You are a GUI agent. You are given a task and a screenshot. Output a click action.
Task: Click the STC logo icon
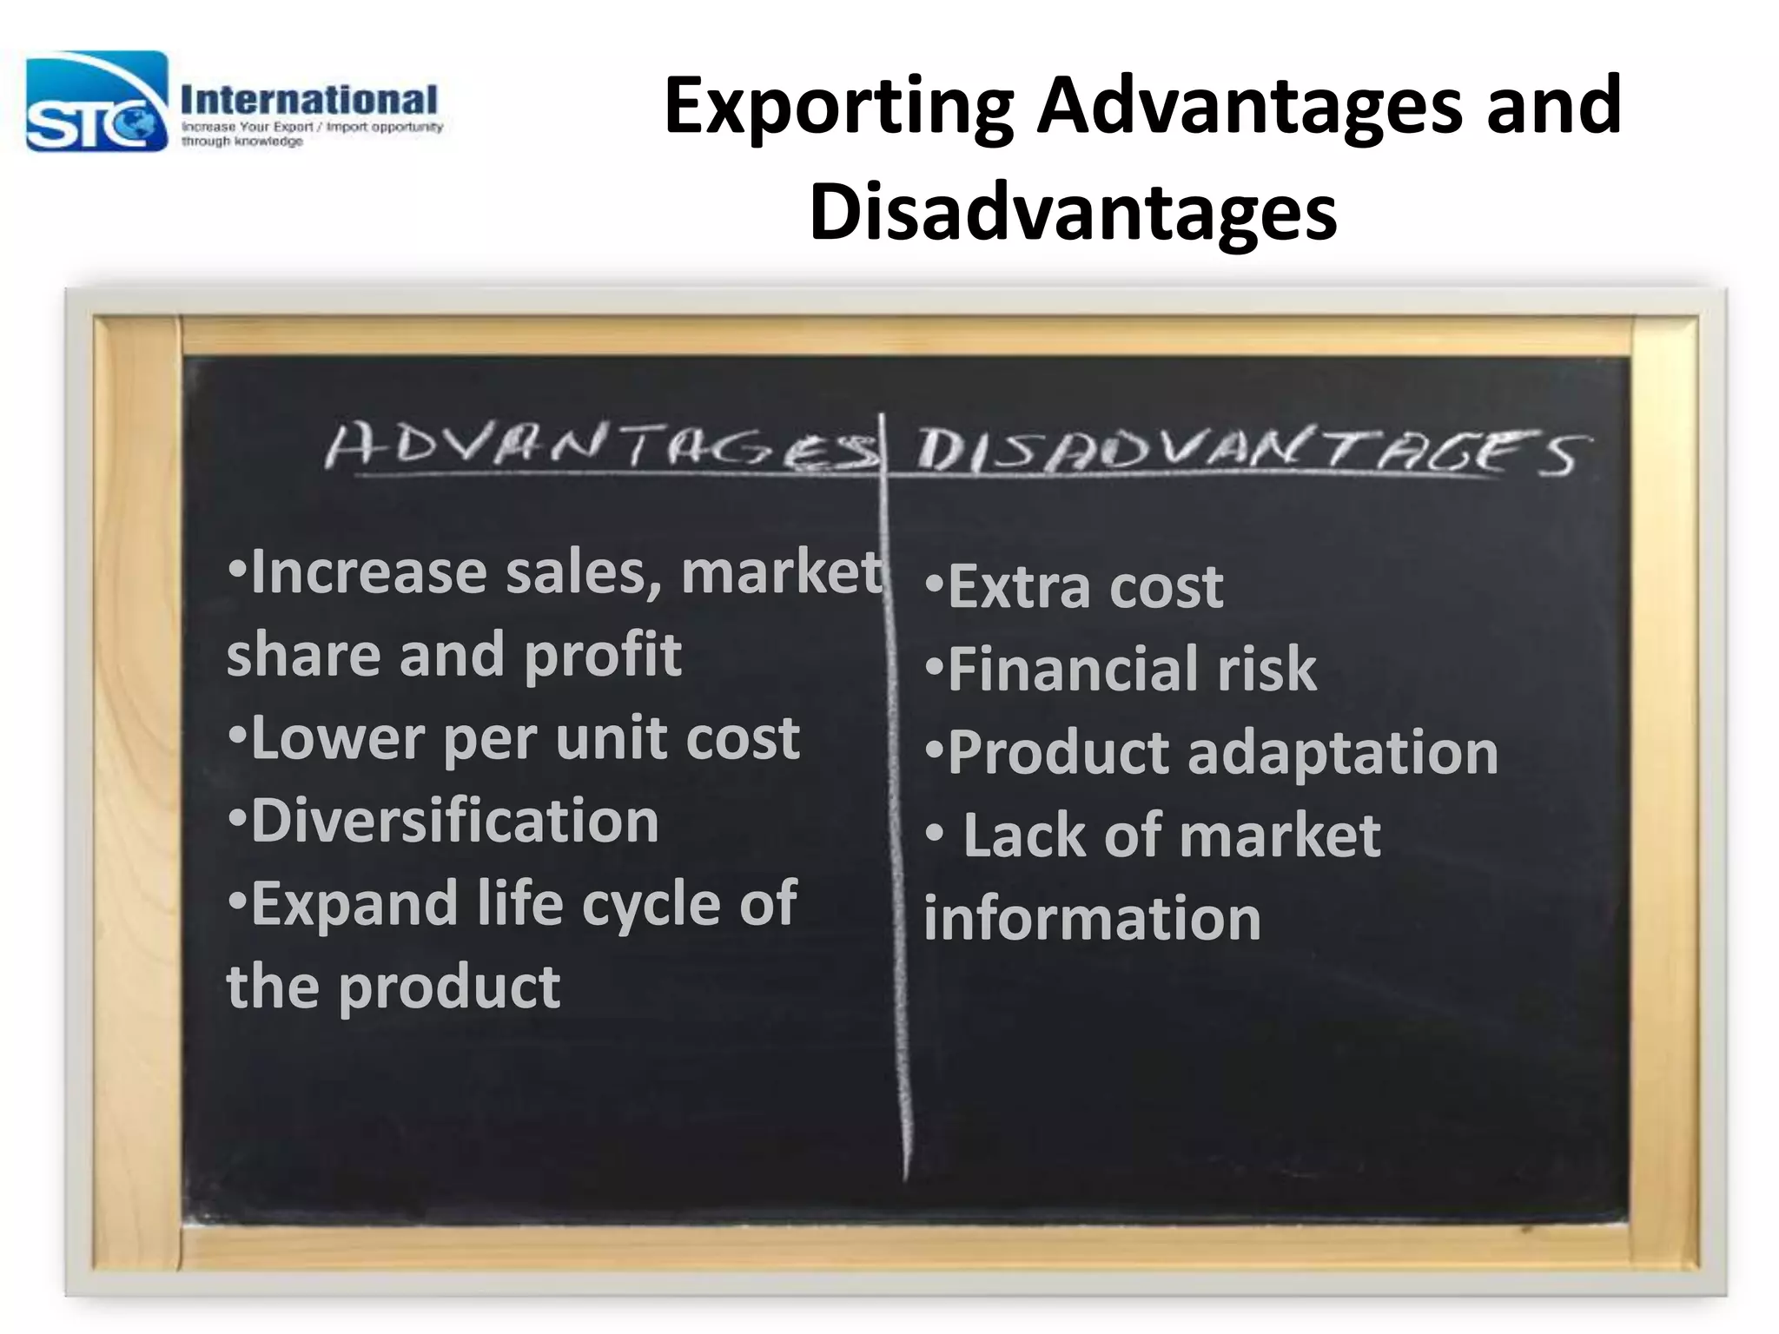(x=96, y=102)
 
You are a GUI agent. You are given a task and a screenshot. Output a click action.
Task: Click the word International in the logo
(x=309, y=101)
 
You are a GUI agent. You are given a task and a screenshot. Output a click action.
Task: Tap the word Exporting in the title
(x=838, y=108)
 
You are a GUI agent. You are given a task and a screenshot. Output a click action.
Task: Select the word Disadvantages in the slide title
(x=1073, y=214)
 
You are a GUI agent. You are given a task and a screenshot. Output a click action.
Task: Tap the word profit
(x=603, y=655)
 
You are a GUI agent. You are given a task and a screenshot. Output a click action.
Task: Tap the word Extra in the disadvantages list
(x=1017, y=588)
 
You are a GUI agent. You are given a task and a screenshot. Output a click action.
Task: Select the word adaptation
(x=1342, y=753)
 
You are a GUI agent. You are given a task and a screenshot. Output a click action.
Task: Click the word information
(x=1092, y=919)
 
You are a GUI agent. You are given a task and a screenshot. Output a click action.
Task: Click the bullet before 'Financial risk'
(x=934, y=669)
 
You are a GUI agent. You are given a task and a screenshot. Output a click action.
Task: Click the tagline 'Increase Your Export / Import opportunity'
(x=312, y=127)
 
